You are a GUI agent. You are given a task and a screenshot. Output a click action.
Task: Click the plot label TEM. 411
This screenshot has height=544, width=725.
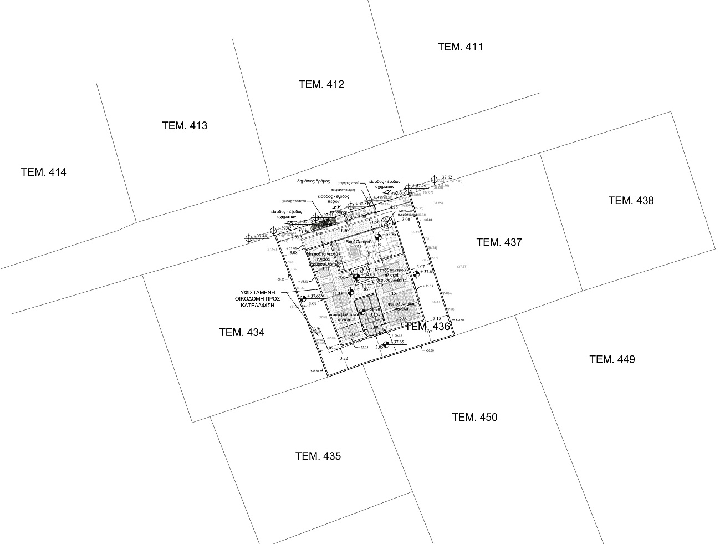460,47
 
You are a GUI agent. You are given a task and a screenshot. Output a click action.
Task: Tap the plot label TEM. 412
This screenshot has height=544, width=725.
321,84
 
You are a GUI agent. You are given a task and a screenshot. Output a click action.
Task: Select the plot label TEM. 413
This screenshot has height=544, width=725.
184,126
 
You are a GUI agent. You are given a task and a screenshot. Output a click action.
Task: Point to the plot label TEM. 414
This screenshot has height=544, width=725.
43,172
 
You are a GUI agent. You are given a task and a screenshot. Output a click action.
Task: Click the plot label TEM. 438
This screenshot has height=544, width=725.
631,201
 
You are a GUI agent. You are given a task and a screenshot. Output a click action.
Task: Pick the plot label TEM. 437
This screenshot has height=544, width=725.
499,242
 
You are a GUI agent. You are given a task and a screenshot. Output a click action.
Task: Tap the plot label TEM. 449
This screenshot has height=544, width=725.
612,359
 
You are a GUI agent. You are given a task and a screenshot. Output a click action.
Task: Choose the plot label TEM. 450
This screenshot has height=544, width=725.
474,418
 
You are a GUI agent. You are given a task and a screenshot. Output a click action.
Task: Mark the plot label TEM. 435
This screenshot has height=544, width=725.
318,456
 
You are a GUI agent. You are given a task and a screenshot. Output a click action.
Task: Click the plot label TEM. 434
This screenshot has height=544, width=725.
242,333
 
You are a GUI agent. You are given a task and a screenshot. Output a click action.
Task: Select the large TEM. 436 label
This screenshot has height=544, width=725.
427,327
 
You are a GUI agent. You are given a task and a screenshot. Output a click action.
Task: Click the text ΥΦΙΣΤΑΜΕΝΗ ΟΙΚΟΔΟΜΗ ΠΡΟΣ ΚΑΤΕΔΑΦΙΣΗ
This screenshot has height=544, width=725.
260,298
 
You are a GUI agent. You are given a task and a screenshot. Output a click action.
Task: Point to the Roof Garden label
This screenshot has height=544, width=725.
358,242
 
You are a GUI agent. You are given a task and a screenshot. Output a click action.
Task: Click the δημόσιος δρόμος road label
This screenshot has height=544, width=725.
313,181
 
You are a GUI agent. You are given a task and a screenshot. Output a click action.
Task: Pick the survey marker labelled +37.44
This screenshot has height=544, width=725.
249,238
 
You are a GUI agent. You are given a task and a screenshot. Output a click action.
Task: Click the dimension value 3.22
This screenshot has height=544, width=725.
343,359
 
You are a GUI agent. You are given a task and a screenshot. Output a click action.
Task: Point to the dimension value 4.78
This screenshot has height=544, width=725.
394,207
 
